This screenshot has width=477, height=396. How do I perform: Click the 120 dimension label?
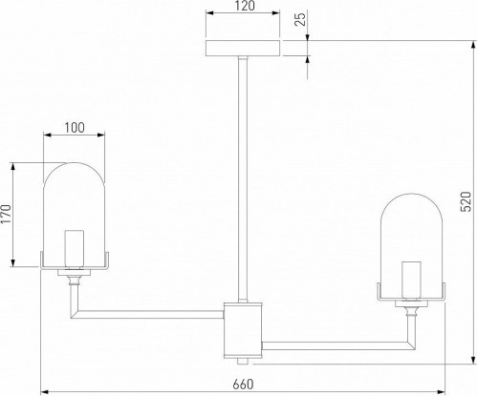[x=245, y=6]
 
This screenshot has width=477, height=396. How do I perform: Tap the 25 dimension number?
[x=300, y=18]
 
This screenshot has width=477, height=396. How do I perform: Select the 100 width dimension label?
[x=75, y=128]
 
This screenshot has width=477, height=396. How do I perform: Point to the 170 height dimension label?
[x=6, y=215]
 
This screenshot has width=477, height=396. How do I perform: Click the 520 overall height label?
[x=466, y=201]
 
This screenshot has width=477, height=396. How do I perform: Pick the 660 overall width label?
[x=243, y=385]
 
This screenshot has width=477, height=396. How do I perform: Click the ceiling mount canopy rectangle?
[x=243, y=49]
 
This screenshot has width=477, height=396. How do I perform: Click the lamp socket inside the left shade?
[x=75, y=249]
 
